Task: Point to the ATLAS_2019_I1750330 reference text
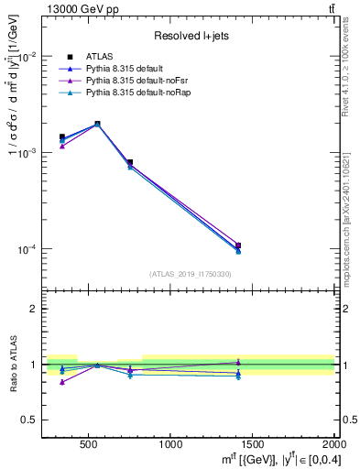190,274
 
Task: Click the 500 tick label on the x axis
89,444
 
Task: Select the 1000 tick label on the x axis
170,444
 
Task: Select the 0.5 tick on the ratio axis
30,420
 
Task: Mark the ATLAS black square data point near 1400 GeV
238,245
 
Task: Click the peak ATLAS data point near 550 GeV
97,124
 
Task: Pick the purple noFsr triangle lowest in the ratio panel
62,382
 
